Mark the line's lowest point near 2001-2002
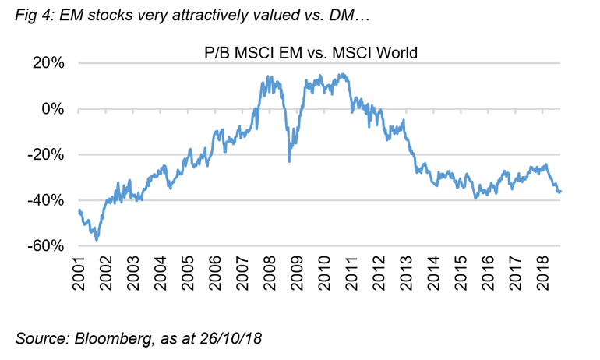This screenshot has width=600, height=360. (x=97, y=239)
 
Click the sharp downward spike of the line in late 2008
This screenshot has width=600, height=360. (x=289, y=161)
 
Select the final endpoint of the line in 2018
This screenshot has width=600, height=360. (x=560, y=192)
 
